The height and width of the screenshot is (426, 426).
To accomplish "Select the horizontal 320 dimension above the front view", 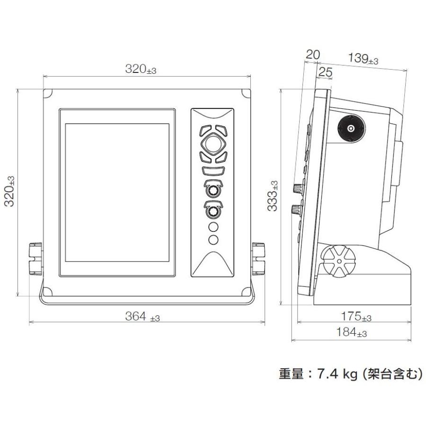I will click(140, 69).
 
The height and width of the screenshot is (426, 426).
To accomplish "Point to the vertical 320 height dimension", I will click(9, 191).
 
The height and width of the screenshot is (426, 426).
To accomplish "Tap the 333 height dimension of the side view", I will click(273, 195).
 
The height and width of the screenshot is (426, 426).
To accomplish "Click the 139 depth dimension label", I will click(363, 59).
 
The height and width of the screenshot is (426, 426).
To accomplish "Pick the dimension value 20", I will click(312, 54).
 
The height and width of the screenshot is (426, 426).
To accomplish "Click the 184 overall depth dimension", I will click(351, 332).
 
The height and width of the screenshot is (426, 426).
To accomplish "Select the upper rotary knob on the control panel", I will click(213, 190).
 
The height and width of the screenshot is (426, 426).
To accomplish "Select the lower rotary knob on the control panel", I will click(213, 211).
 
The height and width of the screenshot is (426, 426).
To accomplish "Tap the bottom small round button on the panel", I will click(213, 240).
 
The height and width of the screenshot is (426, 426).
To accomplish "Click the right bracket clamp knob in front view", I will click(258, 258).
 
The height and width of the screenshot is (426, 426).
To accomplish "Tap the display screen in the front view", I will click(117, 193).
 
